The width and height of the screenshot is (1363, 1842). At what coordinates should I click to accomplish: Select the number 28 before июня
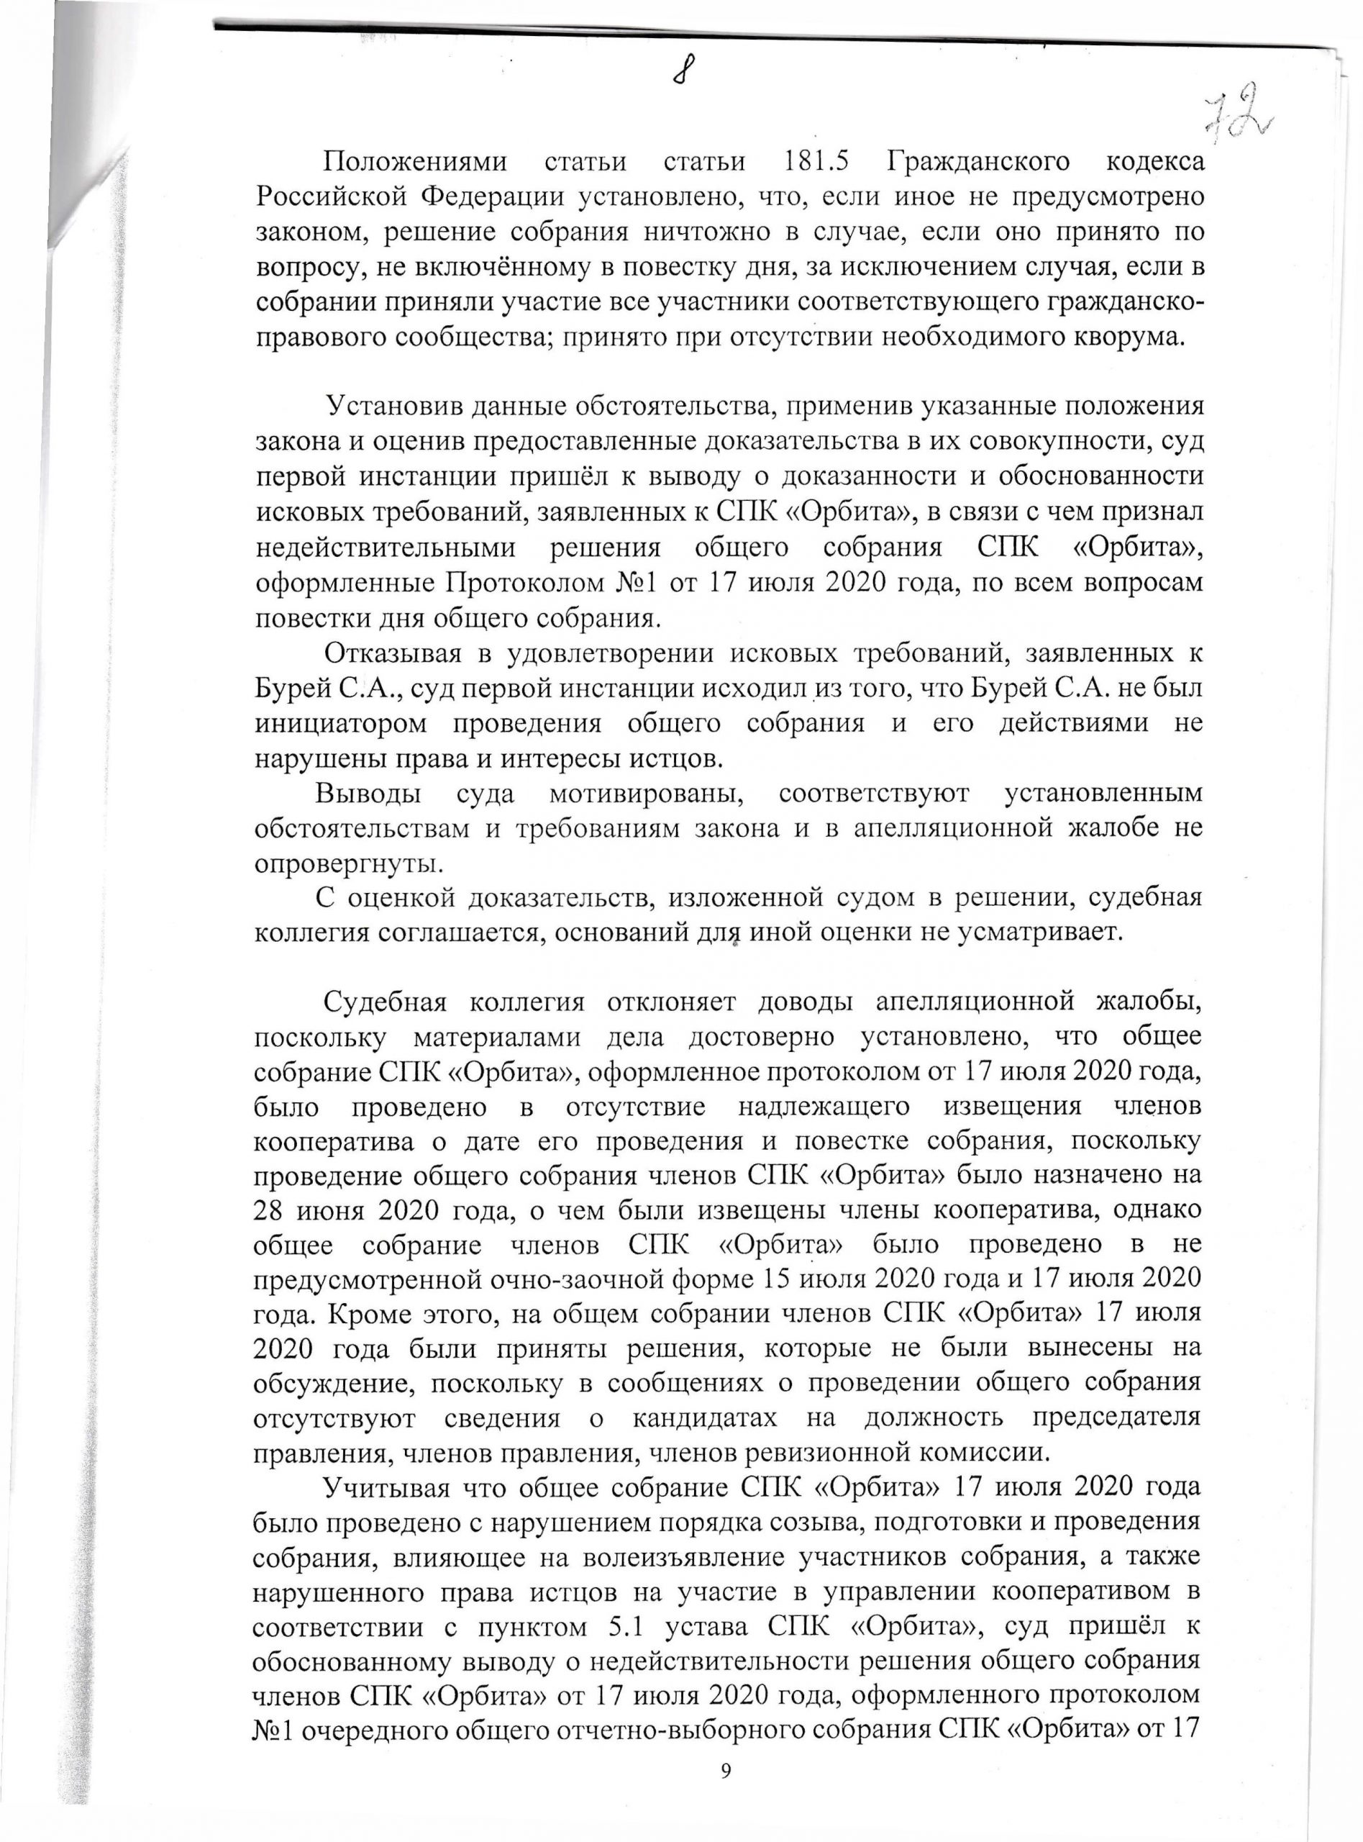(273, 1214)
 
